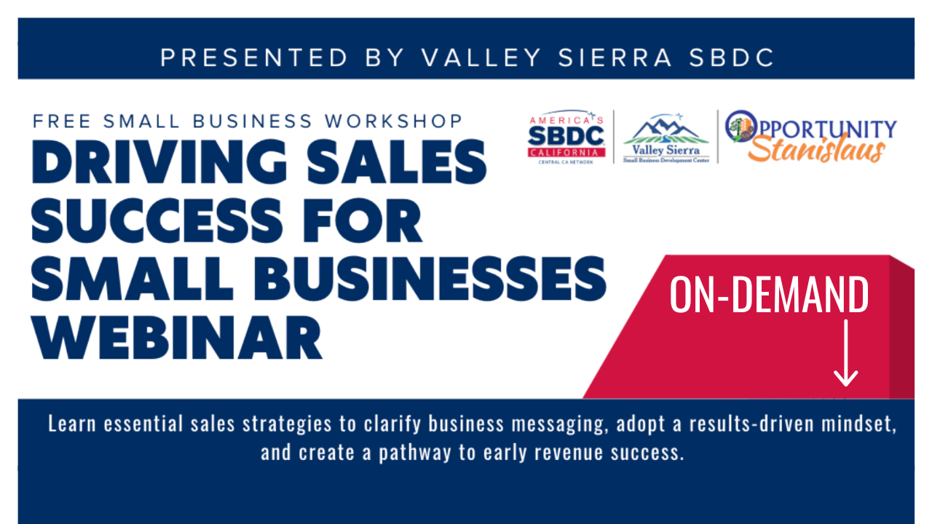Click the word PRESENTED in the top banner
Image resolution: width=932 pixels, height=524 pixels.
[x=254, y=57]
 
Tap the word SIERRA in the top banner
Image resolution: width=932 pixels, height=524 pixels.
[x=615, y=57]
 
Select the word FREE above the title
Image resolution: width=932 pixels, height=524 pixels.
[x=62, y=121]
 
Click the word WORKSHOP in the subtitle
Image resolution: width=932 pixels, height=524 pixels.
[x=393, y=121]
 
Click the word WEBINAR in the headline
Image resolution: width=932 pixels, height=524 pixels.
[x=177, y=337]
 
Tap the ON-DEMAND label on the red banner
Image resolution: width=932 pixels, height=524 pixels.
[x=769, y=295]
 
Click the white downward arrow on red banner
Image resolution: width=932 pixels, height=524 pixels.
[x=846, y=353]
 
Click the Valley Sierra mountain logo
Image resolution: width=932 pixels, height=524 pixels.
[x=666, y=138]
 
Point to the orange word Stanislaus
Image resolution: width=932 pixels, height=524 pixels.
[x=816, y=150]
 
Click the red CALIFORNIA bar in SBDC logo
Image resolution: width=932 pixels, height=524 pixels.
[x=566, y=153]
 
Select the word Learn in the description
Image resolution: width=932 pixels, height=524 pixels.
[x=72, y=424]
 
